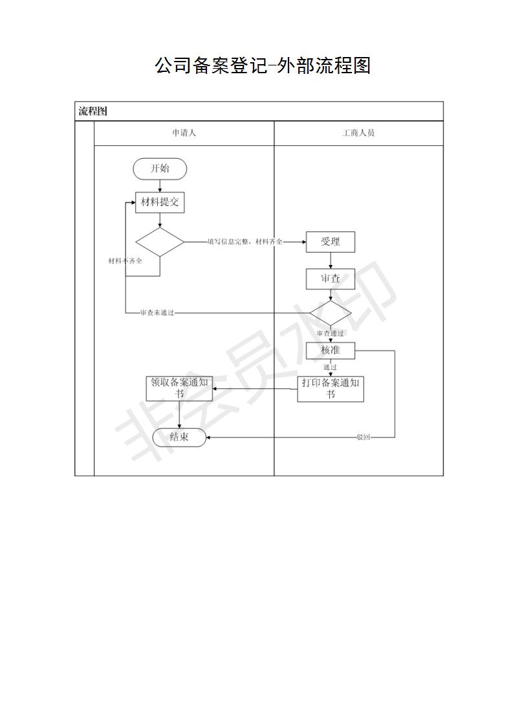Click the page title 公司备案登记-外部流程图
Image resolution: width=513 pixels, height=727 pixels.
point(263,65)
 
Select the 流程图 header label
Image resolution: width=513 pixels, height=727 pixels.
point(93,111)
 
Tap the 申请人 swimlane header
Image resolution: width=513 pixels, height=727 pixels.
point(184,133)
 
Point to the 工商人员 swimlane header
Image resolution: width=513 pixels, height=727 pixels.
point(358,133)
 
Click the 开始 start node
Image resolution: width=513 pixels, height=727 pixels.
point(160,168)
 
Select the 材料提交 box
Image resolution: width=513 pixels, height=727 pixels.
point(160,203)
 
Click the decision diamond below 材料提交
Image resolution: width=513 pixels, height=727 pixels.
point(160,242)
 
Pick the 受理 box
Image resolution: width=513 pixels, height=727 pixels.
point(330,242)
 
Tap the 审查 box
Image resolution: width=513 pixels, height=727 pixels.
point(330,279)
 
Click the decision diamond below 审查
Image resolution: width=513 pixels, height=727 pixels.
point(330,314)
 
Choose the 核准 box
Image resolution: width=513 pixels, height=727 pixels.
point(330,351)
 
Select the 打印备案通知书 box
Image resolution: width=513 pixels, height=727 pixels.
point(330,389)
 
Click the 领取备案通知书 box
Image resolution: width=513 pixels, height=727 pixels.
point(179,389)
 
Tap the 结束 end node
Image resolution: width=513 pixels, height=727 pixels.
point(179,437)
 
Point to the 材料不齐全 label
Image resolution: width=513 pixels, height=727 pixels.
point(125,261)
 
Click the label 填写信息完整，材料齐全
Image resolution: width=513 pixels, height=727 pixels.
point(245,242)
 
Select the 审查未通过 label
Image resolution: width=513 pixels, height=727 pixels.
point(157,313)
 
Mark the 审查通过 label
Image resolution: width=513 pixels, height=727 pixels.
point(330,333)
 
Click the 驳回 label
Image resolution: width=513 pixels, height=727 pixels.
point(364,437)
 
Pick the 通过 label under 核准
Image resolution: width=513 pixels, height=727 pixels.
point(330,367)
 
